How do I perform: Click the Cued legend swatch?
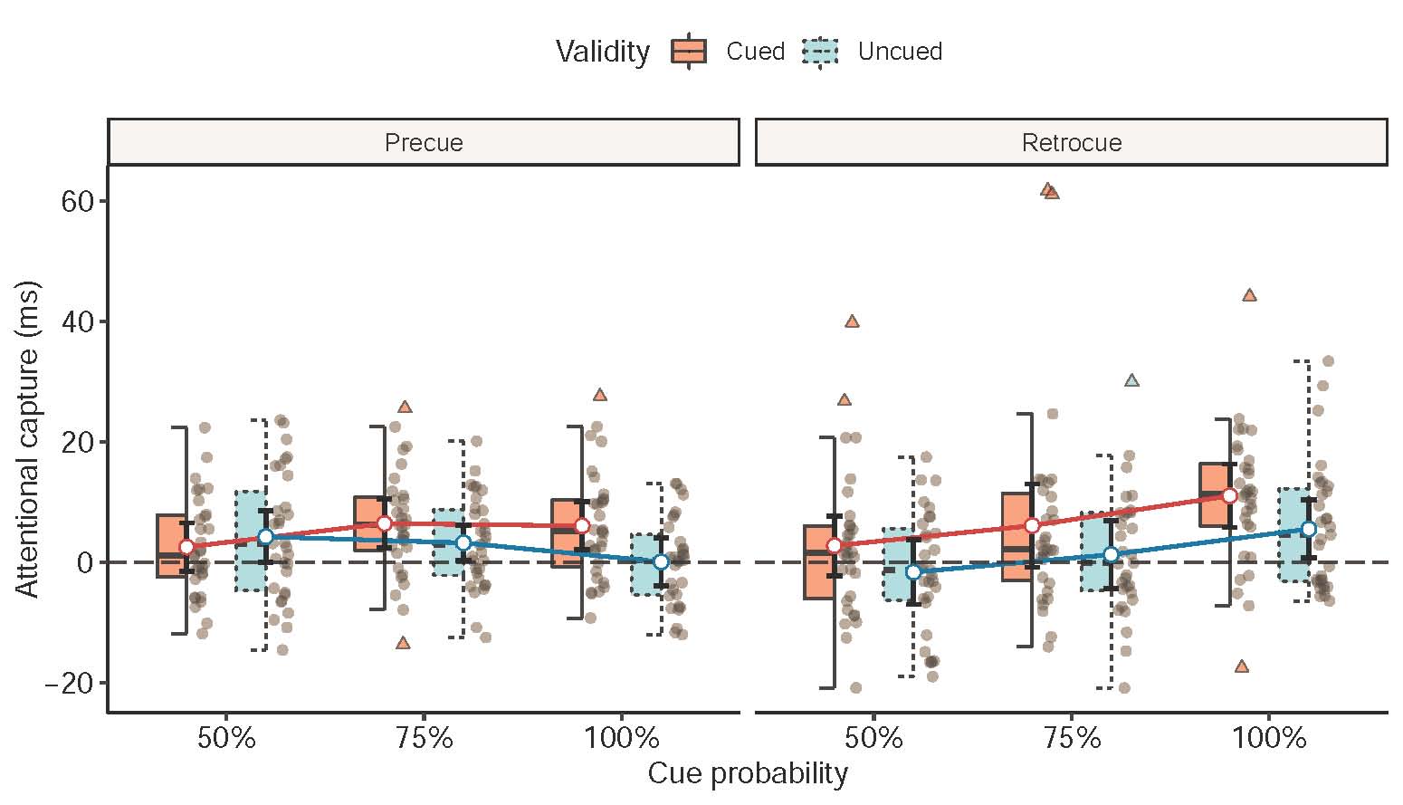[x=689, y=52]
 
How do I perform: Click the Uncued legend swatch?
[x=821, y=52]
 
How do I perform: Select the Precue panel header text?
[x=424, y=143]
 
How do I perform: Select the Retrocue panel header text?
[x=1072, y=143]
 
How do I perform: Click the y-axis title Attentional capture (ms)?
[x=29, y=441]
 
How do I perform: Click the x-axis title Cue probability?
[x=748, y=774]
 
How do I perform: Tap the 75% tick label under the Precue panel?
[x=424, y=739]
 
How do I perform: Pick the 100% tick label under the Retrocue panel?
[x=1269, y=739]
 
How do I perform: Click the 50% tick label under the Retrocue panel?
[x=873, y=739]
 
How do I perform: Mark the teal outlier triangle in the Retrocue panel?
[x=1131, y=380]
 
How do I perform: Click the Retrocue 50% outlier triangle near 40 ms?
[x=852, y=321]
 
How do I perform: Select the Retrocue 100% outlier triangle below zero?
[x=1242, y=666]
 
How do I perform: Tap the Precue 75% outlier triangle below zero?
[x=403, y=643]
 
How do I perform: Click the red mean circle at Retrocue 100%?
[x=1229, y=495]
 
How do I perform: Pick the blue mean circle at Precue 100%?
[x=661, y=562]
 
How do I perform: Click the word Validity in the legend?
[x=603, y=52]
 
